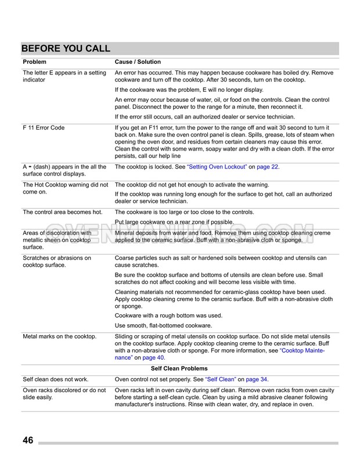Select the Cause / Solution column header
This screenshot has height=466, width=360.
138,62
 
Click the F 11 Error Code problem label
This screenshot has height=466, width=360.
44,127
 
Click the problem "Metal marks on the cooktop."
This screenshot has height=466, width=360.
59,336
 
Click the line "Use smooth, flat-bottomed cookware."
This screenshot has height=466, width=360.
164,325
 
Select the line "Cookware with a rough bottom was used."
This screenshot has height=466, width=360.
168,316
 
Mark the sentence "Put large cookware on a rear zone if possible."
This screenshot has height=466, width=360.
174,222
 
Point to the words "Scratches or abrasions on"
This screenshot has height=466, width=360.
57,257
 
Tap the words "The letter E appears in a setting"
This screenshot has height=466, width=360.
64,73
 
